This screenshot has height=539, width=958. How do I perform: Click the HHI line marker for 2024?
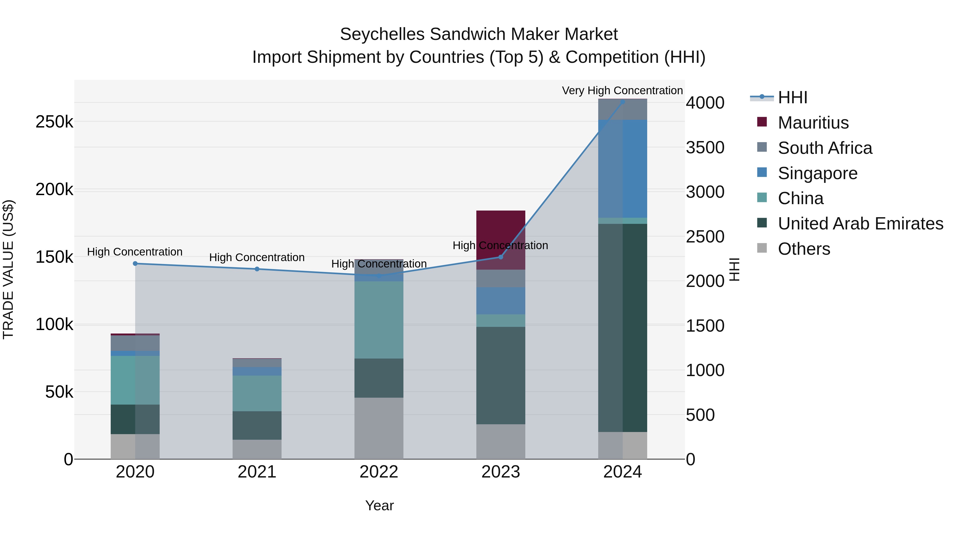pos(622,102)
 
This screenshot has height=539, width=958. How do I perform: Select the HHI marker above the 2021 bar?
pos(257,269)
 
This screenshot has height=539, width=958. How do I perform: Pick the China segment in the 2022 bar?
pos(379,320)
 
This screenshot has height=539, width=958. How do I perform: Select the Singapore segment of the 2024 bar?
pos(622,168)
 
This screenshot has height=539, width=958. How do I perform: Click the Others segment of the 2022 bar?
pos(379,428)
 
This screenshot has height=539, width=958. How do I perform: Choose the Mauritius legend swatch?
pos(762,122)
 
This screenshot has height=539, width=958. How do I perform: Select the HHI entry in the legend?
pos(792,97)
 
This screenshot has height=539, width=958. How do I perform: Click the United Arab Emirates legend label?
pos(860,224)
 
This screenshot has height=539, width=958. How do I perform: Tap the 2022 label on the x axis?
pos(379,472)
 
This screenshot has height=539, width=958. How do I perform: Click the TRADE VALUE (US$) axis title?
pos(9,269)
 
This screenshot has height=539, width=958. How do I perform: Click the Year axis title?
pos(379,505)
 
